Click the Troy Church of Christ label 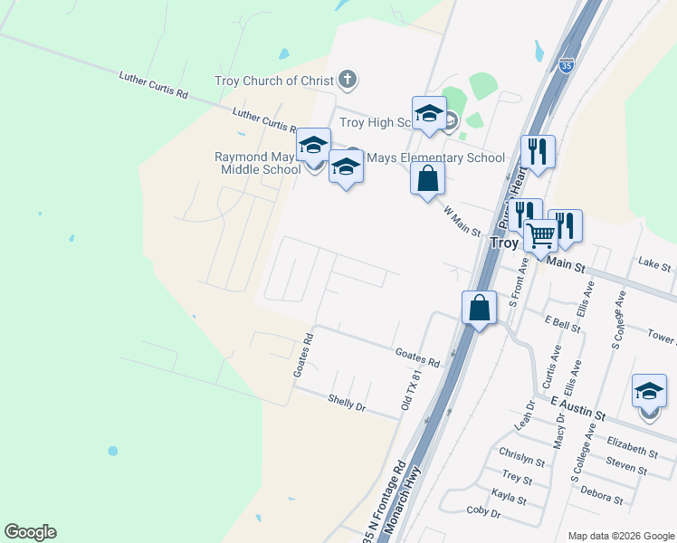coord(273,81)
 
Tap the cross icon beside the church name coord(348,80)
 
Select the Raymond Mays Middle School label coord(257,163)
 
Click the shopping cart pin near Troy coord(540,236)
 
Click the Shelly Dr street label coord(347,404)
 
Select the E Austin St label coord(577,407)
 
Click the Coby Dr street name coord(484,513)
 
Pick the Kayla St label coord(509,498)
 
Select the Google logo coord(30,532)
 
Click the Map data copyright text coord(621,536)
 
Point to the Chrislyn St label coord(521,457)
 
